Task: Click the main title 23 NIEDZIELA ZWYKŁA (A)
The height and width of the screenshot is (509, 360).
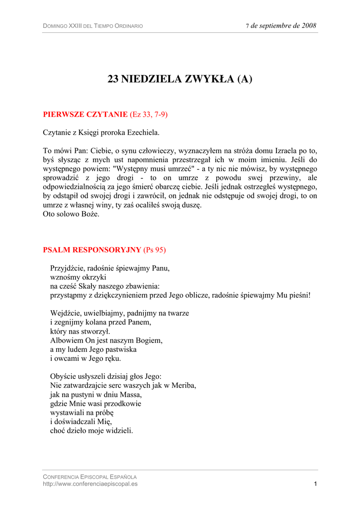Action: coord(180,79)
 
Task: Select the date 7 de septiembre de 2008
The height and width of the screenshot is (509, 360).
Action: coord(281,26)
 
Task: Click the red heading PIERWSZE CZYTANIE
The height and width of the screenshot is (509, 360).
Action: coord(86,114)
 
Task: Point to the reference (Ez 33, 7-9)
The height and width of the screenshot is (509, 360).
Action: coord(149,114)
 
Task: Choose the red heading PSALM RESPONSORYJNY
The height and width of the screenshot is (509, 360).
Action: coord(92,249)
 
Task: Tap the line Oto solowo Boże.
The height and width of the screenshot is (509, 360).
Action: coord(71,214)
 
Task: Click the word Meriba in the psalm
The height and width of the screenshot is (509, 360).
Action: coord(183,385)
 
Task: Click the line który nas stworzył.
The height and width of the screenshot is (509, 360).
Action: coord(81,331)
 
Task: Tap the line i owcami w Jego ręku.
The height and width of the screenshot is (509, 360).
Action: coord(86,358)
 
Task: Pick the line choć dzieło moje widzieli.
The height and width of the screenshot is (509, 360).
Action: coord(91,430)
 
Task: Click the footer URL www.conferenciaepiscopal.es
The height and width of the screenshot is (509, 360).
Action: coord(90,484)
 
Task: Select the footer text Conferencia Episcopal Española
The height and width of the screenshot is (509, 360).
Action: coord(90,477)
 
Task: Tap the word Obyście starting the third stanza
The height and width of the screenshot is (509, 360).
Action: coord(64,376)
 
